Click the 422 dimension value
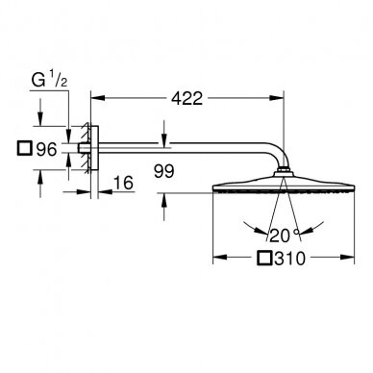(x=186, y=98)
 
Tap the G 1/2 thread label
(x=50, y=80)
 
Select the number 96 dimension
(x=46, y=149)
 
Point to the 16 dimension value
(x=123, y=183)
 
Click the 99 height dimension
(x=163, y=171)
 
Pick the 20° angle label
(x=285, y=236)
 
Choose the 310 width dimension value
(x=289, y=259)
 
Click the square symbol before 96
(x=25, y=148)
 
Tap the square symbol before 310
(x=264, y=258)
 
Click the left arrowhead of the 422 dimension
(x=98, y=98)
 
